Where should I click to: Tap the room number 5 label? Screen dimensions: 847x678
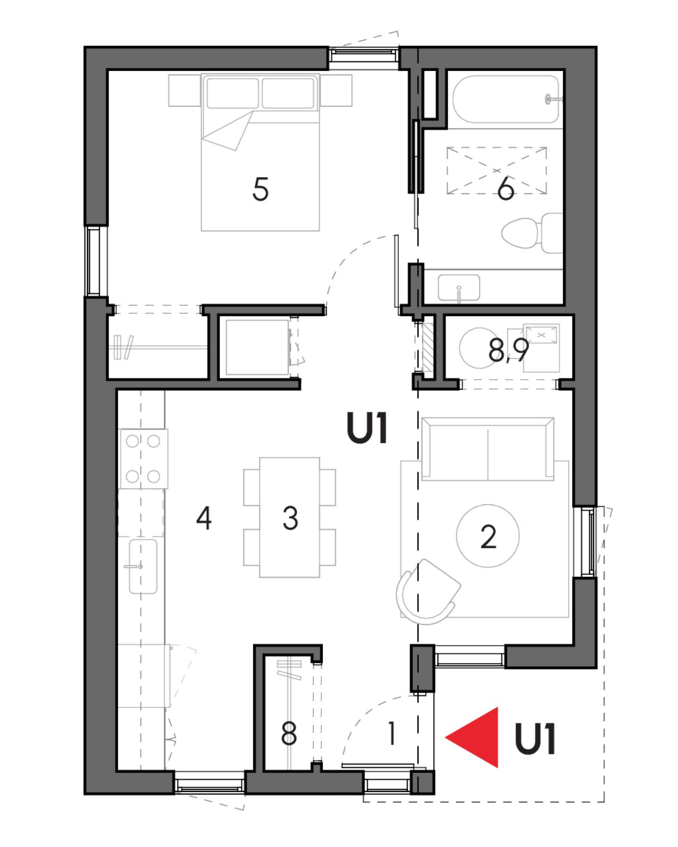tap(260, 190)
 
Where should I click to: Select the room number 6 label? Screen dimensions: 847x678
tap(506, 190)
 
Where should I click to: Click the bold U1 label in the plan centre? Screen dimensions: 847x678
tap(367, 428)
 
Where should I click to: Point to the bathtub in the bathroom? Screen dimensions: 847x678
tap(506, 99)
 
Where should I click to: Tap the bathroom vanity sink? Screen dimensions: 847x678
tap(459, 288)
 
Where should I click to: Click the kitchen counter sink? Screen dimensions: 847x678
tap(143, 566)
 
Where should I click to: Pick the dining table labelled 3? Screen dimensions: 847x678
tap(290, 518)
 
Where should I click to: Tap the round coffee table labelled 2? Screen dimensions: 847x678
tap(488, 536)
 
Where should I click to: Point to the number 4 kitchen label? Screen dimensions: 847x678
tap(204, 519)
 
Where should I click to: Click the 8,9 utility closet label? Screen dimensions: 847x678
tap(508, 351)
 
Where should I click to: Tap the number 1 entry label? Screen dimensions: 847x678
tap(391, 735)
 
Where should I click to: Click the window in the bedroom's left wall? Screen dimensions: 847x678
tap(93, 262)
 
